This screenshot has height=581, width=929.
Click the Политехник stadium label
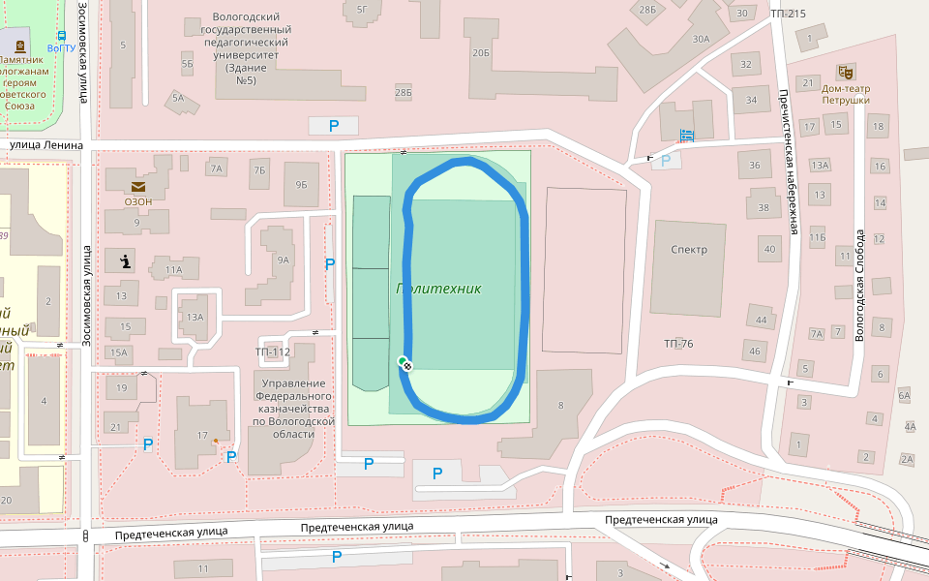pos(438,289)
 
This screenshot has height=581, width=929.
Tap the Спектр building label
pos(688,250)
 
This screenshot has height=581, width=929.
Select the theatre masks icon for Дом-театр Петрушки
pos(845,73)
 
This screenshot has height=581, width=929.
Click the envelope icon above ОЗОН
pos(137,185)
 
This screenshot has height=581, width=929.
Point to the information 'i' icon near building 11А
pos(125,260)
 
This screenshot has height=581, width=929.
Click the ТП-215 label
pos(788,14)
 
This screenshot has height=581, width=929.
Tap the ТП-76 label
pos(678,344)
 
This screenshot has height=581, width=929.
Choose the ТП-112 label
pos(273,352)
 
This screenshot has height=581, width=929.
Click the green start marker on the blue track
pos(403,361)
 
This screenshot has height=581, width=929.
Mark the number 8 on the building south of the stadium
pos(559,406)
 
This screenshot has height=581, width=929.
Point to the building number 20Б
pos(481,53)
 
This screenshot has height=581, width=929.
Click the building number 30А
pos(701,39)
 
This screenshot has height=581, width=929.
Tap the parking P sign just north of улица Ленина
pos(334,126)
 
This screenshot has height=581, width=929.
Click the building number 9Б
pos(301,184)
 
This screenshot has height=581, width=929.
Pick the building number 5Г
pos(362,10)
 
